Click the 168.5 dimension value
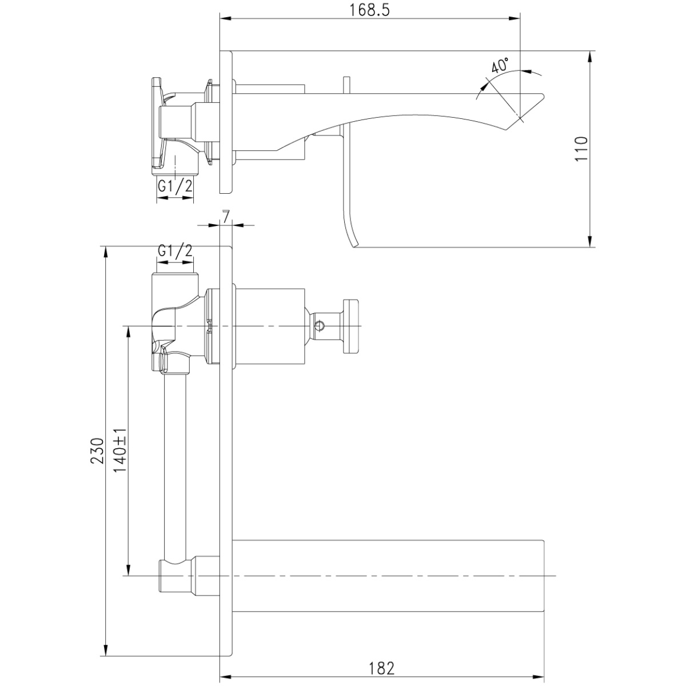click(369, 11)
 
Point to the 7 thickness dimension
click(226, 217)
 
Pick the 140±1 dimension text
click(120, 450)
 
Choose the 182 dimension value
click(381, 668)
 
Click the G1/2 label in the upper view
click(175, 186)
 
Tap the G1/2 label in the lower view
click(175, 252)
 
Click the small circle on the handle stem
click(320, 325)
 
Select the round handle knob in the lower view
click(350, 326)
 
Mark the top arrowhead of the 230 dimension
click(106, 253)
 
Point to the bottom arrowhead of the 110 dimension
click(590, 241)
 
